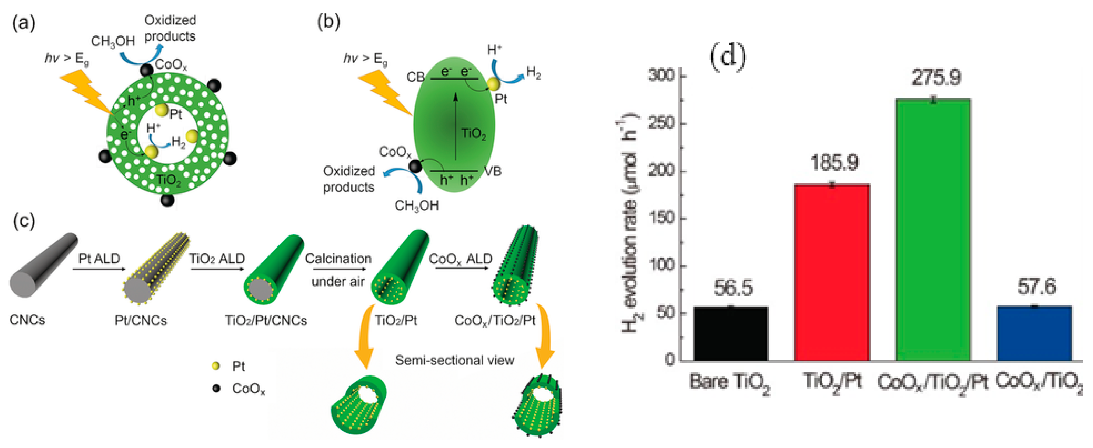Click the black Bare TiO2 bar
pyautogui.click(x=730, y=334)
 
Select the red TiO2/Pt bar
pyautogui.click(x=832, y=273)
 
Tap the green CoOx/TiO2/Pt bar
pyautogui.click(x=933, y=230)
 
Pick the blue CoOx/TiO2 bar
pyautogui.click(x=1034, y=333)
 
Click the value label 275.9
pyautogui.click(x=936, y=78)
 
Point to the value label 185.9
pyautogui.click(x=834, y=162)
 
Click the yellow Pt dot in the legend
pyautogui.click(x=216, y=365)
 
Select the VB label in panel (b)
pyautogui.click(x=493, y=171)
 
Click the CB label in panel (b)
pyautogui.click(x=415, y=77)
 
